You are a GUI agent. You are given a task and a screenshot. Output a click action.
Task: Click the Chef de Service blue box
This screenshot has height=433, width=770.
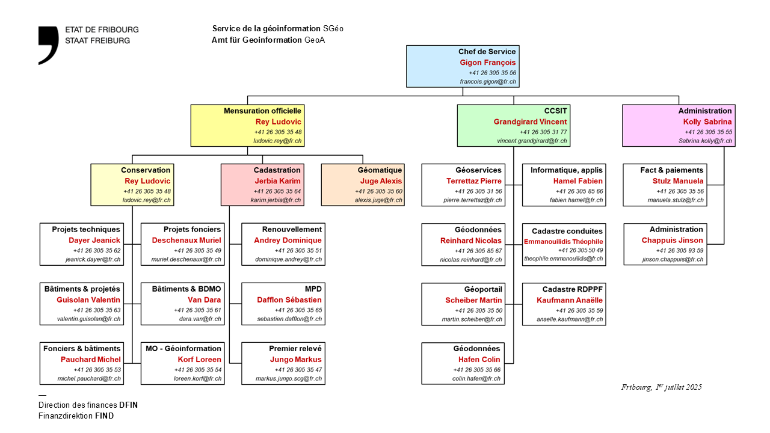pos(462,66)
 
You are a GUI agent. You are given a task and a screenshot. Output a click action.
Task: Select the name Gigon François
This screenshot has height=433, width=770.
pos(488,63)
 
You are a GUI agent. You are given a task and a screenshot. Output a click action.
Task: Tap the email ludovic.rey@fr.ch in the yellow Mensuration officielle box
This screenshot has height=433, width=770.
pos(277,141)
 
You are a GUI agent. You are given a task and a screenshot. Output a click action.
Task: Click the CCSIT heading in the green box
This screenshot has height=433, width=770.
pos(555,111)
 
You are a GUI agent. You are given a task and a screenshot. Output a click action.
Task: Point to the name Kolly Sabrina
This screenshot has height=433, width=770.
pos(707,121)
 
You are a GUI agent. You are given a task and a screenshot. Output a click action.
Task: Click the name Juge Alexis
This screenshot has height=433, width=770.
pos(381,181)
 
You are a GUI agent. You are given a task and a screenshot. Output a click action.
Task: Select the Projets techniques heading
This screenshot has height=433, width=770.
pos(86,229)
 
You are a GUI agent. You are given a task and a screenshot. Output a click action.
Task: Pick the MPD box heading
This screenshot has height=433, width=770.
pos(313,289)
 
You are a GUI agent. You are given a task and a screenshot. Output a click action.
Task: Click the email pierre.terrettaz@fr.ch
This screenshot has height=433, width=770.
pos(473,200)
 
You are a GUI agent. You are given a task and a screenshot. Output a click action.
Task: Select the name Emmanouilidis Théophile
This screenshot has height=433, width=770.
pos(564,242)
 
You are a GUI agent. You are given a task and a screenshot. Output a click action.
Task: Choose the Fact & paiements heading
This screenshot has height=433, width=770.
pos(671,170)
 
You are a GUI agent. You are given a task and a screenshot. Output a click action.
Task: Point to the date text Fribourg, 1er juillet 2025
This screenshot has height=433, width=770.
pos(661,387)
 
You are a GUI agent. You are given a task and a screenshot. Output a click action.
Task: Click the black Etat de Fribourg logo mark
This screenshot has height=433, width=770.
pos(48,45)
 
